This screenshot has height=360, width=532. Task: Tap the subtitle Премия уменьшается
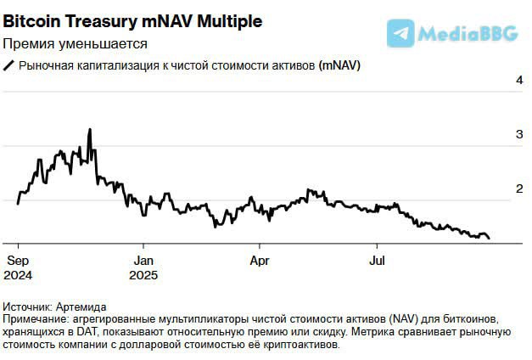(x=75, y=43)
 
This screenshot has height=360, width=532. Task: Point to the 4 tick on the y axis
(x=518, y=80)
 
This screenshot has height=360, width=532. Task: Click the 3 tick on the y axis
(x=518, y=134)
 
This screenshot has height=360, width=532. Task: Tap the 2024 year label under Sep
(x=19, y=275)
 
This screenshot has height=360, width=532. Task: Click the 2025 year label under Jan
(x=144, y=275)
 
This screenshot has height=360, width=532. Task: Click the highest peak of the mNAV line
(x=89, y=130)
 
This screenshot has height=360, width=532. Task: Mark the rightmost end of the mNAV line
(x=490, y=239)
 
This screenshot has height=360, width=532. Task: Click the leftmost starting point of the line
(x=18, y=204)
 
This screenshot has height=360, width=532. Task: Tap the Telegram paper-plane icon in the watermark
(x=400, y=32)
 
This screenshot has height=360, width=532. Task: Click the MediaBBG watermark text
(x=468, y=34)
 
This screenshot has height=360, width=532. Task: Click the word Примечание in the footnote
(x=36, y=318)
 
